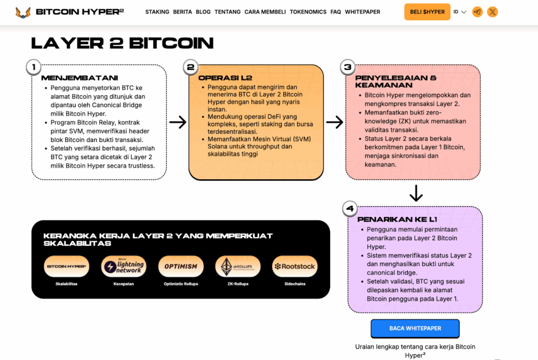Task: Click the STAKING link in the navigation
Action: (157, 12)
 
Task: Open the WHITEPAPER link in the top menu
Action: (363, 12)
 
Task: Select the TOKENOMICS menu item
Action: (308, 12)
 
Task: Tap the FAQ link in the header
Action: (336, 12)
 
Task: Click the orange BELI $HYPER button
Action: (427, 12)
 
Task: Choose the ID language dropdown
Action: (460, 12)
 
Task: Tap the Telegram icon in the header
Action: (477, 12)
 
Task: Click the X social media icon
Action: (492, 12)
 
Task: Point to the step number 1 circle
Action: (34, 67)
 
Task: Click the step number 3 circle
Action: (347, 67)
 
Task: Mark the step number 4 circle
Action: (349, 209)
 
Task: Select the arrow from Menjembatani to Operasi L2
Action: (178, 122)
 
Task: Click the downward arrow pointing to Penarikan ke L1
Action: (416, 192)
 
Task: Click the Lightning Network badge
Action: (123, 266)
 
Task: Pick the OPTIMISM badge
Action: (181, 266)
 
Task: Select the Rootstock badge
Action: (295, 266)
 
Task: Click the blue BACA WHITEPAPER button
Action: (415, 328)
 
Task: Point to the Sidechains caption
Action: (295, 284)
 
